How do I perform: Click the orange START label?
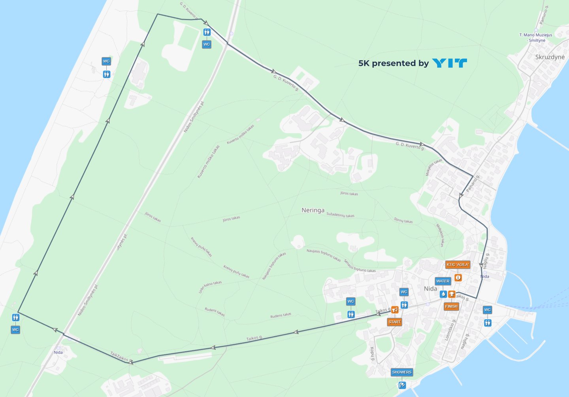coord(394,322)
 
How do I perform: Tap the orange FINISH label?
coord(451,306)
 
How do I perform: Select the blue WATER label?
coord(443,281)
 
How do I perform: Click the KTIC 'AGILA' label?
coord(458,264)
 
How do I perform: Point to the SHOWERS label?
coord(402,372)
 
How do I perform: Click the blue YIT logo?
coord(450,63)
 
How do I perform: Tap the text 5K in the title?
coord(364,63)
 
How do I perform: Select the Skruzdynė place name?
coord(550,57)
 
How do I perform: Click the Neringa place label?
coord(313,210)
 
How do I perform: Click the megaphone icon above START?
coord(394,310)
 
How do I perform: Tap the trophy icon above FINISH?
coord(452,294)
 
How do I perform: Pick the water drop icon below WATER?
coord(443,294)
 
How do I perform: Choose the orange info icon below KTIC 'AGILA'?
coord(458,277)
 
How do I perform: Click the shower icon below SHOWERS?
coord(402,385)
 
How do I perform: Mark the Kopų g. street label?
coord(372,353)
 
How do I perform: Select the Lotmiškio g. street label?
coord(449,330)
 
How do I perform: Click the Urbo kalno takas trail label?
coord(210,287)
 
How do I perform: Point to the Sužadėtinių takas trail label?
coord(340,215)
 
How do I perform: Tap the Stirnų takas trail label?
coord(403,220)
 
